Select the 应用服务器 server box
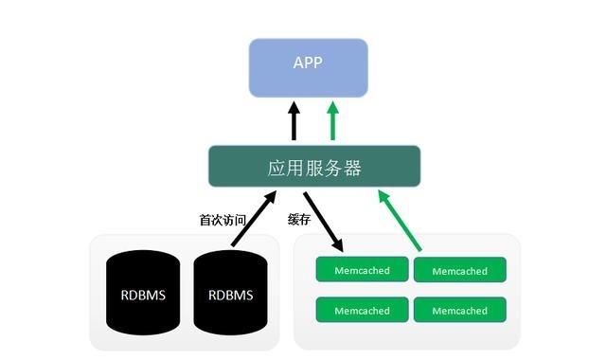pyautogui.click(x=314, y=167)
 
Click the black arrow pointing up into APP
pyautogui.click(x=294, y=121)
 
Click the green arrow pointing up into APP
pyautogui.click(x=331, y=121)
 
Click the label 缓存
pyautogui.click(x=299, y=220)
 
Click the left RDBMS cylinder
pyautogui.click(x=143, y=294)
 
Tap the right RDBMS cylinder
pyautogui.click(x=230, y=294)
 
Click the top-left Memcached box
pyautogui.click(x=362, y=271)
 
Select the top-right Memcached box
pyautogui.click(x=459, y=271)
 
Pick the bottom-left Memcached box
pyautogui.click(x=362, y=310)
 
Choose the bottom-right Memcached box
pyautogui.click(x=459, y=310)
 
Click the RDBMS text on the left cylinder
pyautogui.click(x=143, y=295)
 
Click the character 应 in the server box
pyautogui.click(x=276, y=168)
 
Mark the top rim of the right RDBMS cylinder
pyautogui.click(x=230, y=255)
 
